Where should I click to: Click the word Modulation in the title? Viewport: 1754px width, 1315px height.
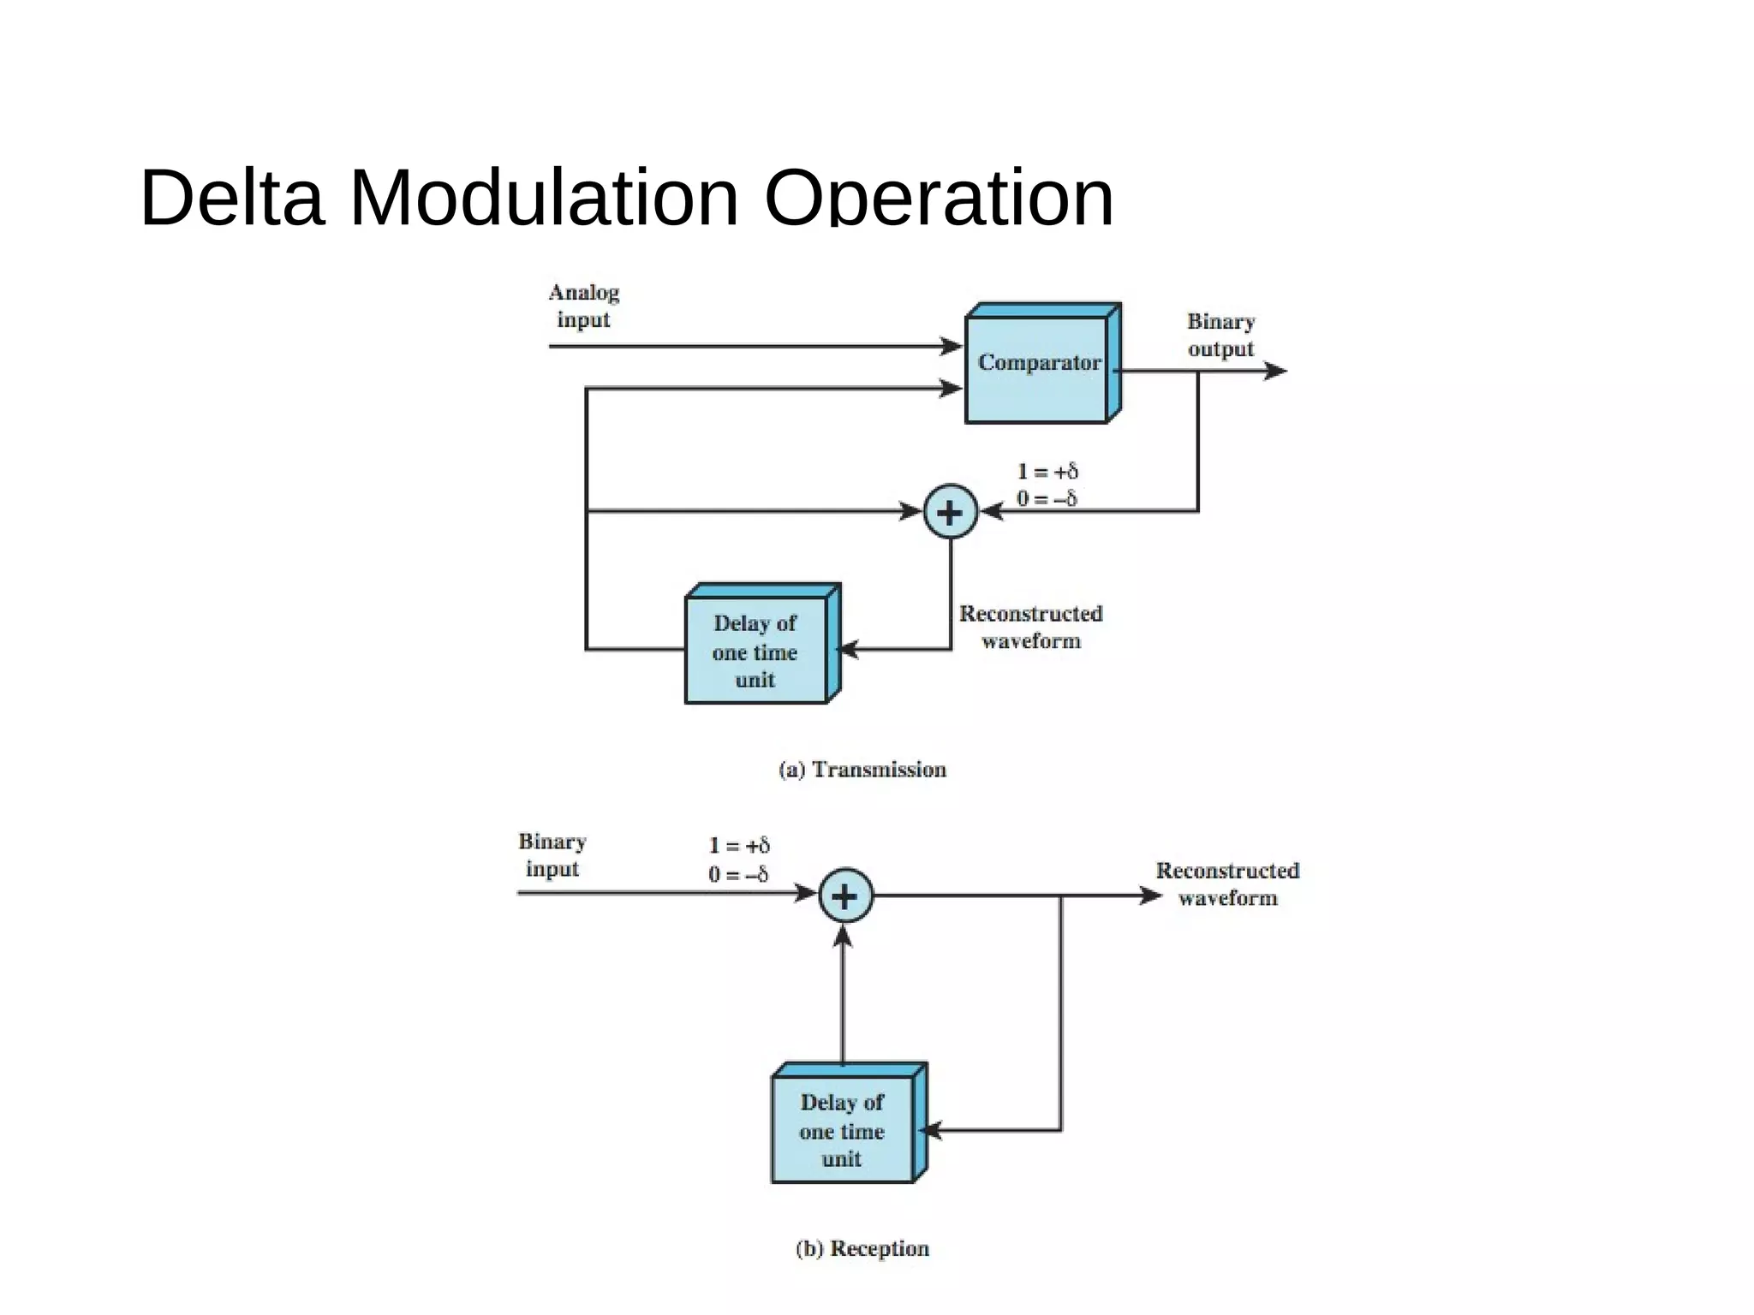[x=544, y=198]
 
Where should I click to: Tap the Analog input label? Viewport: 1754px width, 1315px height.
[x=583, y=306]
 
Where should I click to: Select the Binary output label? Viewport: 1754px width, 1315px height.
[x=1220, y=335]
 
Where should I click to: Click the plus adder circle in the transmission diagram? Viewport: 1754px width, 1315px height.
[x=951, y=512]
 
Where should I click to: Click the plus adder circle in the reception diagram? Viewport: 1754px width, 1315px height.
[x=845, y=896]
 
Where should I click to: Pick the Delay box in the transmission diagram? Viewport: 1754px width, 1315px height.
[x=756, y=651]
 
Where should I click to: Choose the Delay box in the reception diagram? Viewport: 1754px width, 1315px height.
[x=843, y=1129]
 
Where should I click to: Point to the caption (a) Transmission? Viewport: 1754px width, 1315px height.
[x=862, y=770]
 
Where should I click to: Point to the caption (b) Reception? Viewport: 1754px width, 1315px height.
[x=862, y=1248]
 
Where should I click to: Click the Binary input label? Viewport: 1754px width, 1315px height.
[x=552, y=854]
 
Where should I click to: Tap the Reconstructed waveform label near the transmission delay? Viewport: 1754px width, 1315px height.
[x=1030, y=627]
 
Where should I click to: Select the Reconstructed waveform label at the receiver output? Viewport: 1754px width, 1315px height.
[x=1227, y=884]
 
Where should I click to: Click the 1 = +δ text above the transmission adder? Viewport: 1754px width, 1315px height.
[x=1047, y=471]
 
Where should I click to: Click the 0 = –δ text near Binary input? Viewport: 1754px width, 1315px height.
[x=737, y=874]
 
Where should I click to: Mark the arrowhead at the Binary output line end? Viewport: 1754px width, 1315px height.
[x=1276, y=371]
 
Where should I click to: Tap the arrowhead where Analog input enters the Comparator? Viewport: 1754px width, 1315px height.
[x=952, y=346]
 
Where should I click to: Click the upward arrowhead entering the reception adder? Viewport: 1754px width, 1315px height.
[x=844, y=937]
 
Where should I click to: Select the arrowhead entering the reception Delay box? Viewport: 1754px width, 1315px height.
[x=931, y=1130]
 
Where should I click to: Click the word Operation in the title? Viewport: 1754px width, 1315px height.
[x=939, y=198]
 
